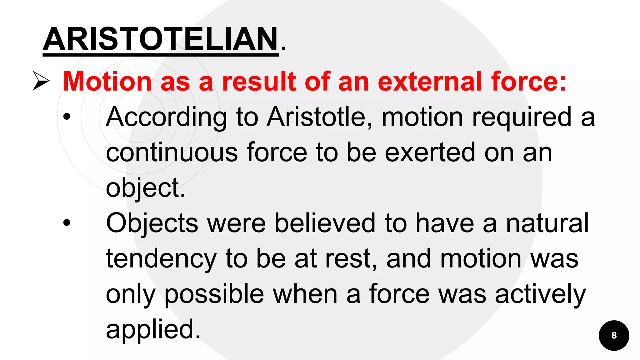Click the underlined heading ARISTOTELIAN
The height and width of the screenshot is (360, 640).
coord(161,39)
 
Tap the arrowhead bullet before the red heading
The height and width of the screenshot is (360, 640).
coord(41,81)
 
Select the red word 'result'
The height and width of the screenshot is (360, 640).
coord(259,82)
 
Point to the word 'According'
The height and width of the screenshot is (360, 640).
coord(166,117)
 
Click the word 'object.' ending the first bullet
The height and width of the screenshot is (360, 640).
coord(146,188)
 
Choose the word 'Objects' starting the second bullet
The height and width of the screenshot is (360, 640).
coord(152,224)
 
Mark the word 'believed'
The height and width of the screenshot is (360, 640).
coord(325,223)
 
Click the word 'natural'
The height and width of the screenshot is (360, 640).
coord(547,223)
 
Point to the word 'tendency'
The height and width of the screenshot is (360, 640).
coord(161,259)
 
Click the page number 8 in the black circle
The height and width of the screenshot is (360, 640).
coord(614,335)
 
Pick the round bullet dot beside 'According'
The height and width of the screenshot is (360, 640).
coord(67,117)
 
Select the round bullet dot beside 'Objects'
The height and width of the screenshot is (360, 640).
coord(67,223)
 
